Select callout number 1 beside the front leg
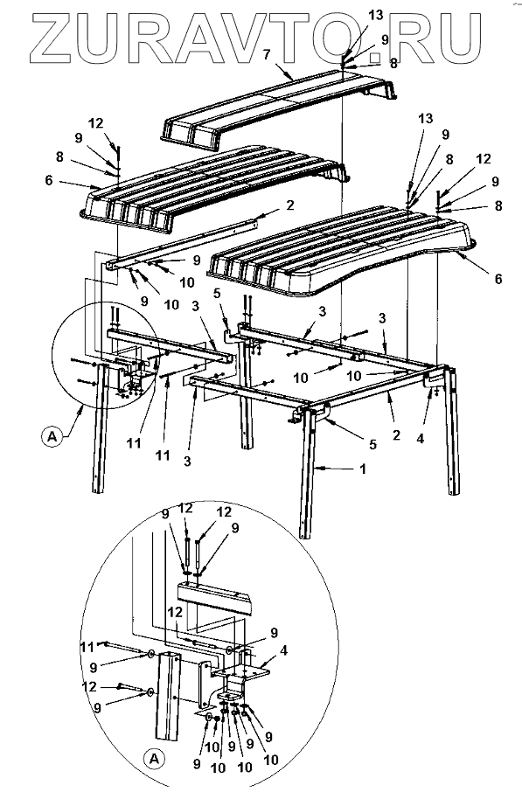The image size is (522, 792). [x=362, y=469]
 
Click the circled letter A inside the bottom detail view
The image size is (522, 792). [x=155, y=758]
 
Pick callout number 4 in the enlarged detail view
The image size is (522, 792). [x=283, y=650]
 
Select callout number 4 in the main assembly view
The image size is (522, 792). [x=421, y=439]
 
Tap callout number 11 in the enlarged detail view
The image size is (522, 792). [x=88, y=646]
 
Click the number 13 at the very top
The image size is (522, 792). [x=376, y=16]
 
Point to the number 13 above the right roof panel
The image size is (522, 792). [x=426, y=119]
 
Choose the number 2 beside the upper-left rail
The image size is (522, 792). [x=289, y=205]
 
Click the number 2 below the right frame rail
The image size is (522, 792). [x=396, y=434]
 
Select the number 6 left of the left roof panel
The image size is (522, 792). [x=49, y=180]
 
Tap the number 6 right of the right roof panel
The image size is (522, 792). [x=498, y=278]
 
